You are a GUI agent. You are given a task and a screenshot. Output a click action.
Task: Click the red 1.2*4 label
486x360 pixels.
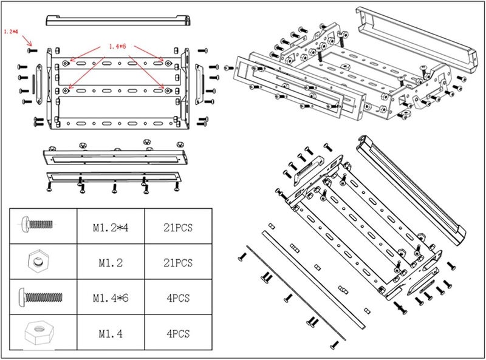[11, 30]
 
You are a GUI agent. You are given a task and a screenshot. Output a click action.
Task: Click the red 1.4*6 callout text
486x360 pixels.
[117, 46]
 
